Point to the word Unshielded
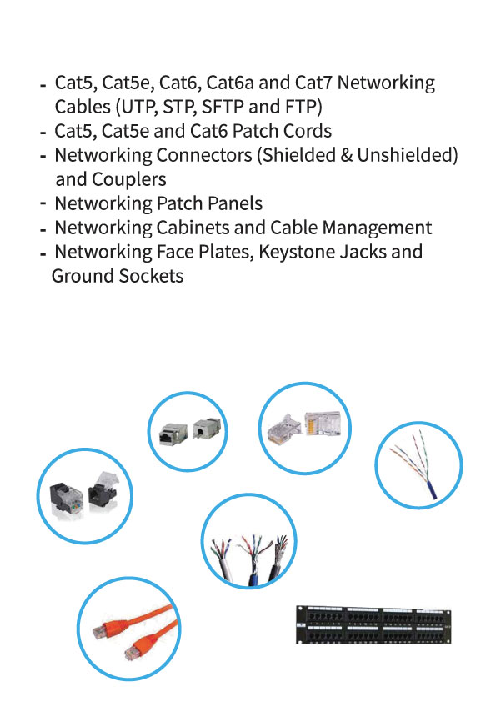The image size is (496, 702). coord(408,155)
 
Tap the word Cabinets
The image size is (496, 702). coord(192,228)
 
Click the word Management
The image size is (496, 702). coord(377,228)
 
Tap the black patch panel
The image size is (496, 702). coord(373,624)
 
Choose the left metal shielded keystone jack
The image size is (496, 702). coord(170,434)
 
